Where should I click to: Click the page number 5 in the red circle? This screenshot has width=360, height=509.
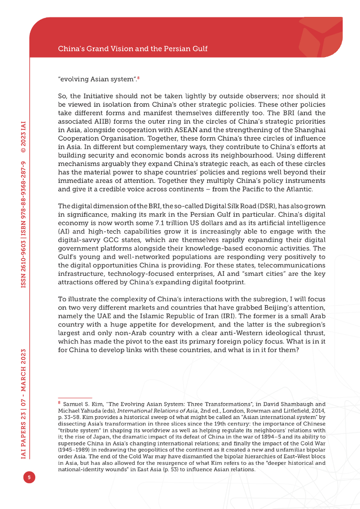[x=29, y=478]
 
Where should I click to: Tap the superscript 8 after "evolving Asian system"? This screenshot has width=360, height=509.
[x=138, y=77]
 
